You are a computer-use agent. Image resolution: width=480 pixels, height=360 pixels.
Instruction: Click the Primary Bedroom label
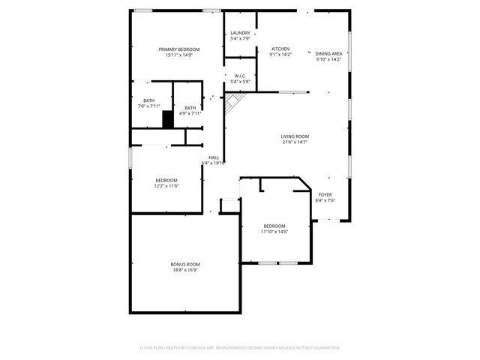tap(178, 49)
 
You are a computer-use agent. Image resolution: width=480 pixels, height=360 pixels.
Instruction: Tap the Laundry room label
tap(240, 33)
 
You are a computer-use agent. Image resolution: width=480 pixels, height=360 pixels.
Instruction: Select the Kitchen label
tap(280, 49)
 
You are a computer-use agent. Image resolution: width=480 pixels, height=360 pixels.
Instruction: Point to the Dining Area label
tap(328, 53)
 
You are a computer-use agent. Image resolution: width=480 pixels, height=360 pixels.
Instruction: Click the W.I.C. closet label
tap(240, 76)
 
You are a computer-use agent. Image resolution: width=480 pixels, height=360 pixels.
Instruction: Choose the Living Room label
tap(295, 136)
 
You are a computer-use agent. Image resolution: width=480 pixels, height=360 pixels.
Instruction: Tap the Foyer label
tap(325, 194)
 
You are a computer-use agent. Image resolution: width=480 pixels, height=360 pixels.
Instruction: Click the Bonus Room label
tap(184, 264)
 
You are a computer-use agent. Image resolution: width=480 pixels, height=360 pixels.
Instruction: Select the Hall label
tap(214, 157)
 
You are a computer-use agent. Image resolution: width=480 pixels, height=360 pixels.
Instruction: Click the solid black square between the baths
tap(168, 118)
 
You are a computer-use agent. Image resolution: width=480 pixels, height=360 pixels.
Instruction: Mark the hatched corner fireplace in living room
tap(235, 100)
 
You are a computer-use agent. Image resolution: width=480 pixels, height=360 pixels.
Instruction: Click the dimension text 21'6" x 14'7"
tap(295, 142)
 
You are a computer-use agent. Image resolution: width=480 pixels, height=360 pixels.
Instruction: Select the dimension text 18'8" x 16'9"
tap(184, 270)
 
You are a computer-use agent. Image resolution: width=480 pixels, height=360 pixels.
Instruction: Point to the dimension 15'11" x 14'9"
tap(178, 55)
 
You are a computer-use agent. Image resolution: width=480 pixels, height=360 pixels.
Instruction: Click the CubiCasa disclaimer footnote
tap(240, 348)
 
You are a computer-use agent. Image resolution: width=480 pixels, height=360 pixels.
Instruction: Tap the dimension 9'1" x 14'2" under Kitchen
tap(280, 54)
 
